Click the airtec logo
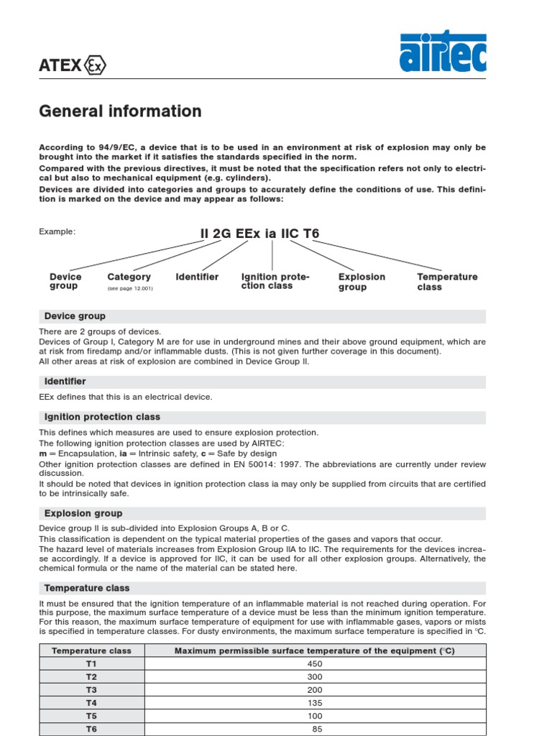click(x=443, y=51)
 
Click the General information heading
click(x=120, y=111)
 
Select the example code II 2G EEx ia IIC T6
click(x=259, y=234)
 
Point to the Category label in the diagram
click(x=129, y=277)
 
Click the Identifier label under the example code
click(x=197, y=277)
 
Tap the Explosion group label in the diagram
click(x=362, y=282)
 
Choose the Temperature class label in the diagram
click(x=447, y=282)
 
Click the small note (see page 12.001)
click(x=130, y=288)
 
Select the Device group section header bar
click(x=262, y=316)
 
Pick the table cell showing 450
click(x=315, y=664)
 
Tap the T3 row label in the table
click(x=91, y=690)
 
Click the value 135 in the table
click(x=315, y=703)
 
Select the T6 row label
click(x=91, y=728)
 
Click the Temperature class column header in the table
click(x=91, y=650)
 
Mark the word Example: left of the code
click(x=57, y=231)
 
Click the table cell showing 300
click(x=315, y=677)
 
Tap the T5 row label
click(x=91, y=716)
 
